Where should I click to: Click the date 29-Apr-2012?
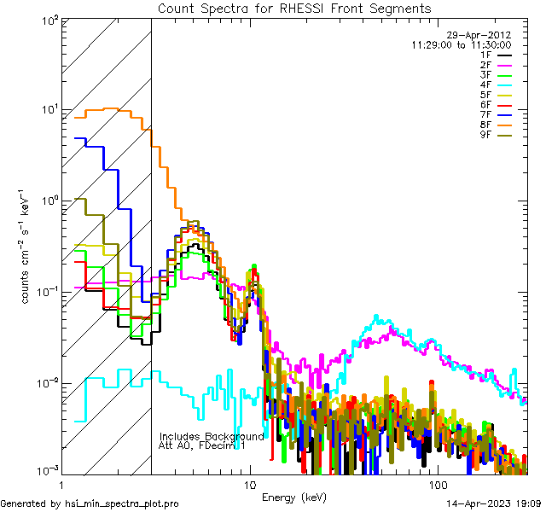click(482, 34)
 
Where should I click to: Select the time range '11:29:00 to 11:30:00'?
click(461, 44)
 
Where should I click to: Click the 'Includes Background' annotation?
click(212, 436)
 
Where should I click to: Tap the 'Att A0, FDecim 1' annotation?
click(203, 445)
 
